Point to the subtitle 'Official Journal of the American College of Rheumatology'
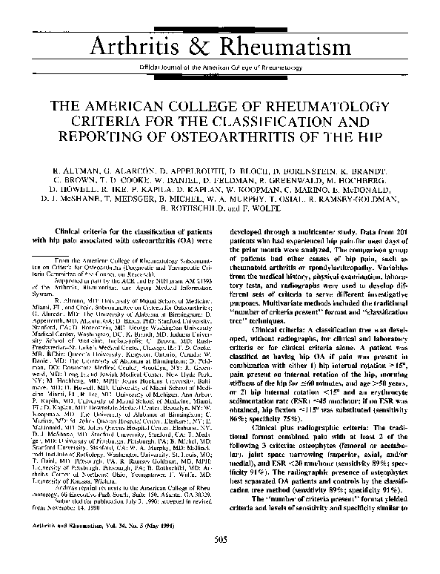click(220, 67)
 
